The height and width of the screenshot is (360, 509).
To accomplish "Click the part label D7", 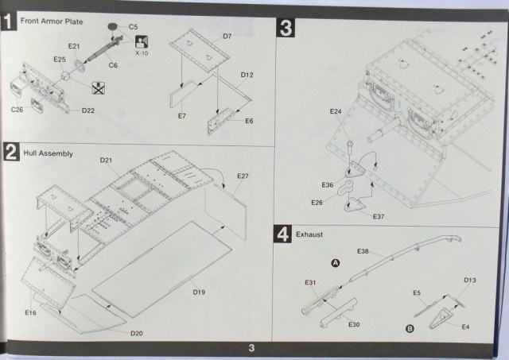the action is pyautogui.click(x=227, y=37).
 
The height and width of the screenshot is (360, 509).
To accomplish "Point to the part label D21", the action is pyautogui.click(x=107, y=161).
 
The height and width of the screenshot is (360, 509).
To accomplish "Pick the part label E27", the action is pyautogui.click(x=243, y=176).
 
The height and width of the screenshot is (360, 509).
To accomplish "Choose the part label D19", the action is pyautogui.click(x=199, y=292).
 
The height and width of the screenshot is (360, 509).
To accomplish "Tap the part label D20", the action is pyautogui.click(x=138, y=332).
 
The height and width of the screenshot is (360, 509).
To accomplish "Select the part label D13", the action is pyautogui.click(x=470, y=281).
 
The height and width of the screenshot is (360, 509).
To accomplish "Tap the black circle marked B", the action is pyautogui.click(x=410, y=327).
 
